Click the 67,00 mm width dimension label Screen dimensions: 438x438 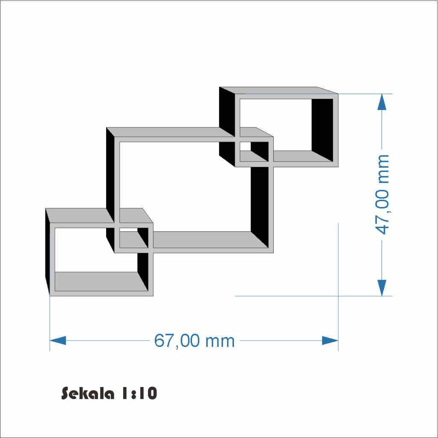[x=195, y=340]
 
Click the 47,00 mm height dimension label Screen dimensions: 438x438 [x=382, y=195]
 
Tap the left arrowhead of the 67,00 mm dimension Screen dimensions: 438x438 [x=58, y=340]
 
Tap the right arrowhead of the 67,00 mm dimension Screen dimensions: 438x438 [x=330, y=340]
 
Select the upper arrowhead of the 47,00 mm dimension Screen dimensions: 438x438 [x=382, y=102]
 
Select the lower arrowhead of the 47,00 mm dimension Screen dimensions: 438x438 [x=382, y=288]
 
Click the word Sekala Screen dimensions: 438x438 [x=88, y=394]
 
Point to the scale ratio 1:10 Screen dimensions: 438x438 [x=139, y=394]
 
